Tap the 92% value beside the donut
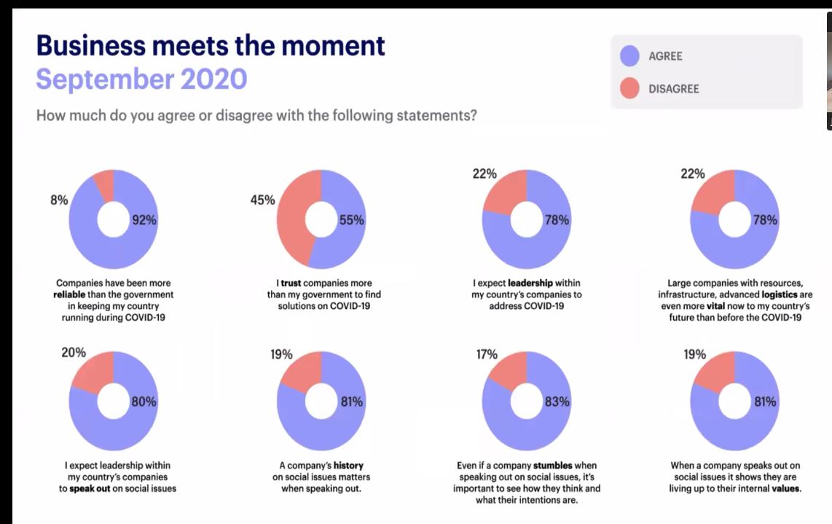coord(144,221)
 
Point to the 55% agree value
coord(351,221)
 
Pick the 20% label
coord(73,353)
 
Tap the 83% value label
coord(557,402)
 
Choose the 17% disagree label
coord(486,355)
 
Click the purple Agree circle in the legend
coord(629,56)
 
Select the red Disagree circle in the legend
coord(629,89)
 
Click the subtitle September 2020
coord(141,79)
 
